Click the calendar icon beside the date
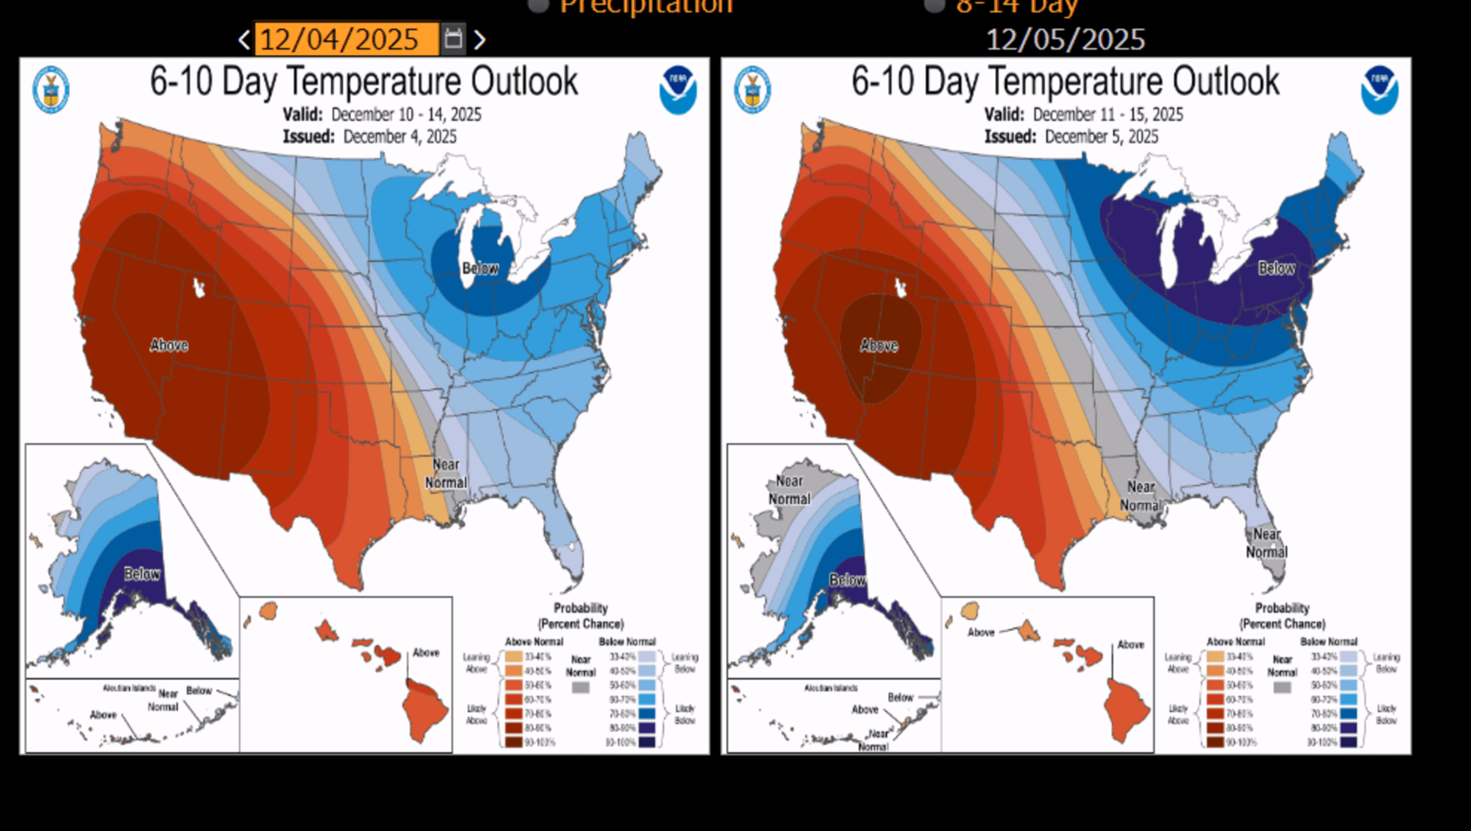(453, 39)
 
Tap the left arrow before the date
(244, 40)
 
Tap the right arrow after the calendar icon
(480, 40)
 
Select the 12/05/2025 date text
(1065, 40)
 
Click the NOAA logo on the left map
(677, 89)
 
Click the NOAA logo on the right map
(1379, 89)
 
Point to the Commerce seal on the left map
(51, 90)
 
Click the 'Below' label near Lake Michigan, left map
(480, 268)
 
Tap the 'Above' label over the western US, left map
(169, 345)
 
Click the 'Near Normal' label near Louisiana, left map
(446, 473)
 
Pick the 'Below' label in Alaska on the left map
(141, 574)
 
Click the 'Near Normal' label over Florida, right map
(1267, 543)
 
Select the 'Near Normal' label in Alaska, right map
(789, 490)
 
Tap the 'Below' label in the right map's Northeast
(1276, 268)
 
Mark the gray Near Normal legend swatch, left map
(580, 687)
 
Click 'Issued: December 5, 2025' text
(1071, 137)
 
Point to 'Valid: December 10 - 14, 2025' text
(382, 115)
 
